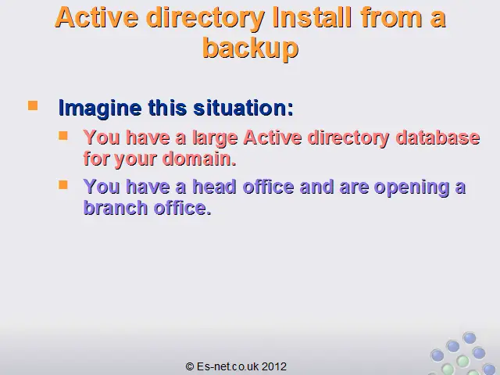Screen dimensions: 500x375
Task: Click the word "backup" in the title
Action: [250, 48]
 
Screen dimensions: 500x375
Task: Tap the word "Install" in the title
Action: [312, 17]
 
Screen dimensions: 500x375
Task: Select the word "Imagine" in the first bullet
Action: [100, 109]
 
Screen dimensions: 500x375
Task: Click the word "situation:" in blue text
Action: [243, 108]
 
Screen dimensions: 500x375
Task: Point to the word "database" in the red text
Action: [437, 137]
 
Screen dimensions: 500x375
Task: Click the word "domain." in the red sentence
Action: [199, 159]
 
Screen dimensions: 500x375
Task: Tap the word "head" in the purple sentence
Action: [214, 187]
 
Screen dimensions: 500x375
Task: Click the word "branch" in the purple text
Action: [115, 208]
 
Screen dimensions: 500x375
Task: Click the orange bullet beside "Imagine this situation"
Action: [33, 105]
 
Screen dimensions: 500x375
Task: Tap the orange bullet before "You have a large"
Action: [63, 136]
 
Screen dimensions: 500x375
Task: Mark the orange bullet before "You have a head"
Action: [63, 184]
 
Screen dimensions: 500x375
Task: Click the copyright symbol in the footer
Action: [190, 366]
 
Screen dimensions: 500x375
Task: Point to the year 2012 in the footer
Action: [274, 366]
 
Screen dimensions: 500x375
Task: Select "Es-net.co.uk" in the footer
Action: [227, 366]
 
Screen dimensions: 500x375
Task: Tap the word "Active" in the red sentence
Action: [273, 137]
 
